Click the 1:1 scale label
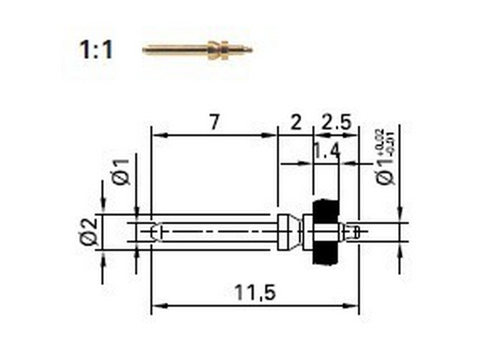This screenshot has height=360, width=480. coord(96,50)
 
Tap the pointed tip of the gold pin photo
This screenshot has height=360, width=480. coord(250,50)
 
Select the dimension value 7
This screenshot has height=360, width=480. coord(214,123)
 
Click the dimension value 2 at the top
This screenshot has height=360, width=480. coord(295,123)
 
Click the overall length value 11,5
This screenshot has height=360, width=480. coord(255,293)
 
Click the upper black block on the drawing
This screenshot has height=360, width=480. coord(325,209)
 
